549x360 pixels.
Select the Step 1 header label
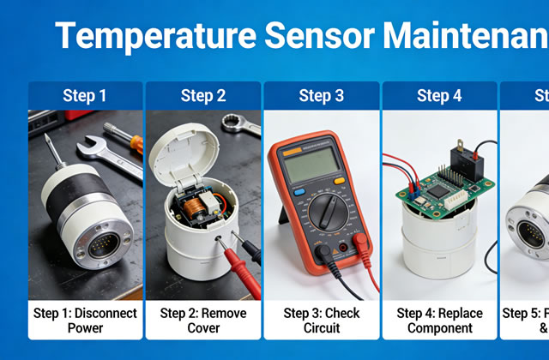pos(85,95)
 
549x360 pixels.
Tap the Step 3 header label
pos(321,95)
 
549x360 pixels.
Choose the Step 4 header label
pos(439,95)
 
